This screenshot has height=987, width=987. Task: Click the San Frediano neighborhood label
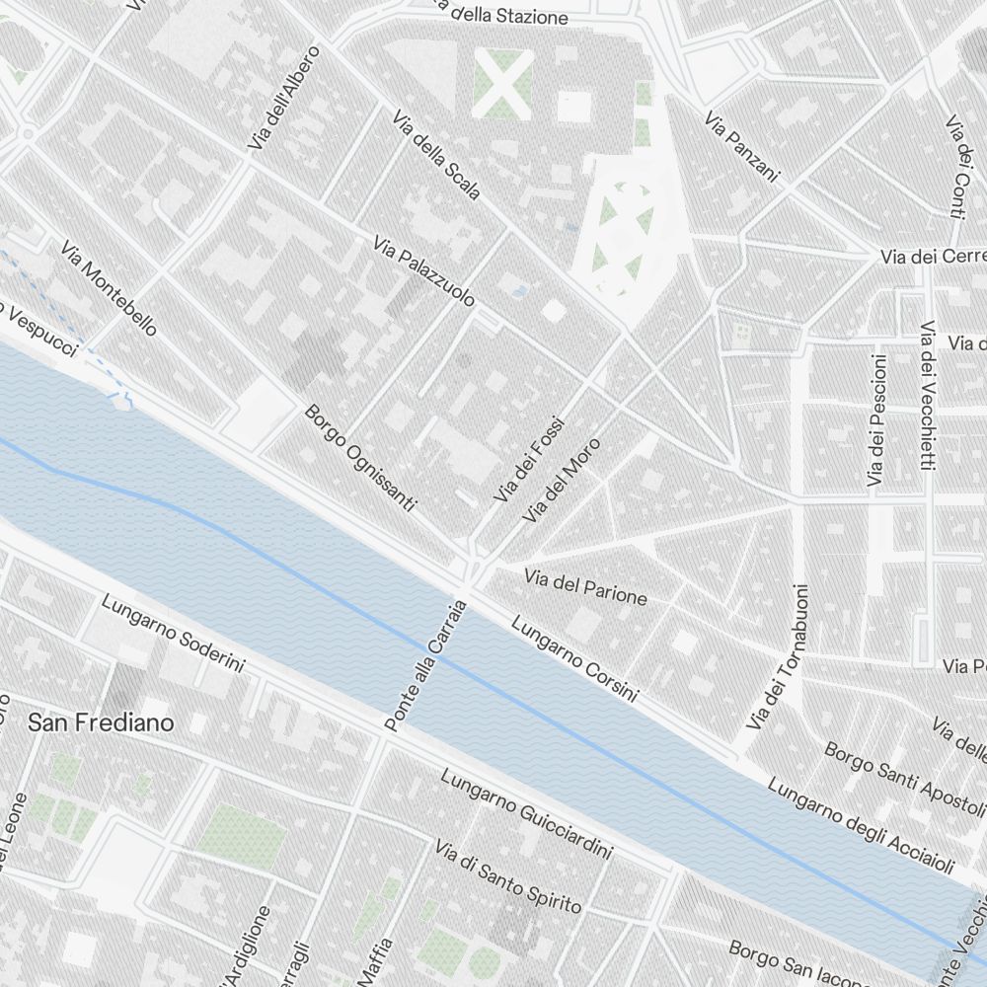[x=101, y=722]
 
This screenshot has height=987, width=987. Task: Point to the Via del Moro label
[x=563, y=481]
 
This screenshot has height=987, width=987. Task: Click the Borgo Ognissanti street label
[x=360, y=457]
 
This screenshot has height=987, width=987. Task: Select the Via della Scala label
[x=436, y=156]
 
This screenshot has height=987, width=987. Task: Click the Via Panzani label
[x=742, y=147]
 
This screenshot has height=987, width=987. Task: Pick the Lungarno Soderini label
[x=173, y=635]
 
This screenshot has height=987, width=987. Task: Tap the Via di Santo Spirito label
[x=508, y=875]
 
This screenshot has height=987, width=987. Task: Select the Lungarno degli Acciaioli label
[x=861, y=827]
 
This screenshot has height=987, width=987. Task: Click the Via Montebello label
[x=108, y=287]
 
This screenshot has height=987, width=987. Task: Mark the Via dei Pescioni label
[x=876, y=420]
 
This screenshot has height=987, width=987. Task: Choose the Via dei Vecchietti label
[x=927, y=395]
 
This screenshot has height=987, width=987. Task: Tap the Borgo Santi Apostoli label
[x=903, y=772]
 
